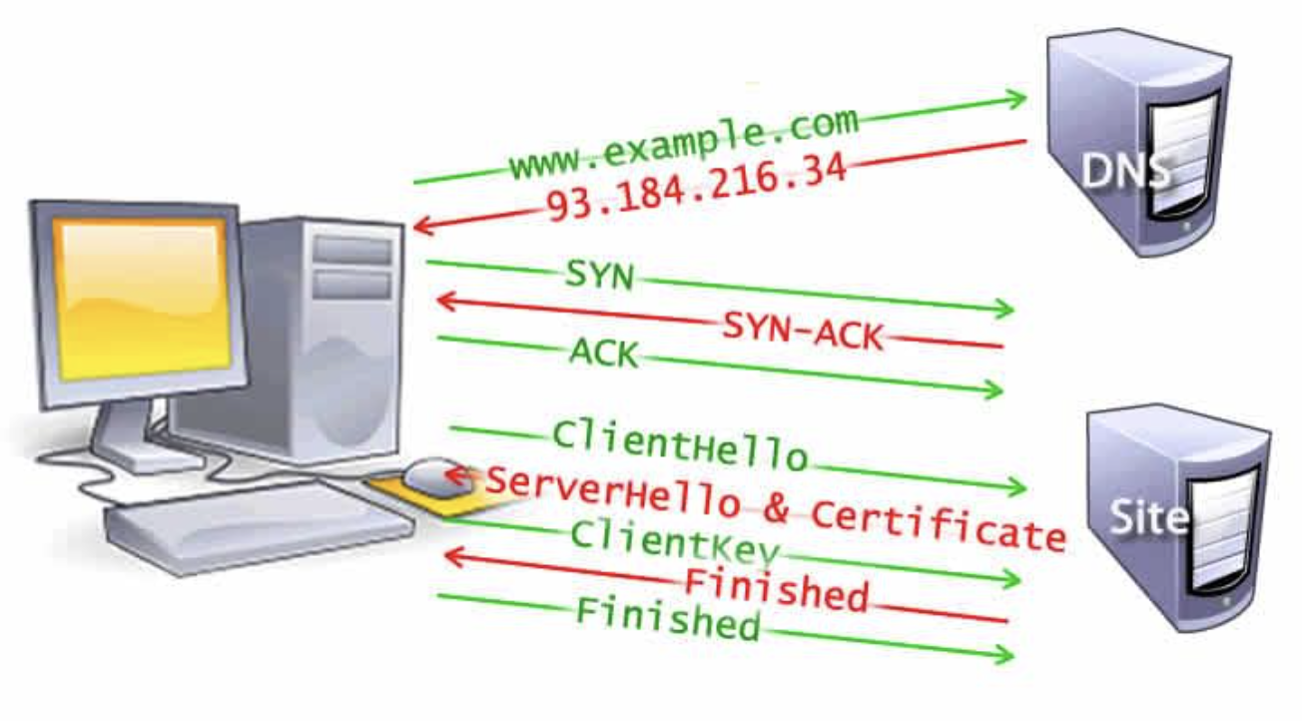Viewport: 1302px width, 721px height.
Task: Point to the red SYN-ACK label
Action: (x=803, y=332)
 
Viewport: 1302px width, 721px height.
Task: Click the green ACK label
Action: (x=603, y=352)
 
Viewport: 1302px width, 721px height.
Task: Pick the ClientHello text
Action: (x=679, y=446)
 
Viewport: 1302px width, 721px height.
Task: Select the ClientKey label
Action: (x=674, y=541)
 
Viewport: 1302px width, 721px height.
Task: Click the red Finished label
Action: (x=776, y=588)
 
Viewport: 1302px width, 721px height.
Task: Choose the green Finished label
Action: (x=668, y=618)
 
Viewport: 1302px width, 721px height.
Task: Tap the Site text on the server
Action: (x=1150, y=516)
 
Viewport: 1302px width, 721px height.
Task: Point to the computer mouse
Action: (x=430, y=475)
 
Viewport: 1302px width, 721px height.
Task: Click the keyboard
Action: (x=260, y=523)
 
